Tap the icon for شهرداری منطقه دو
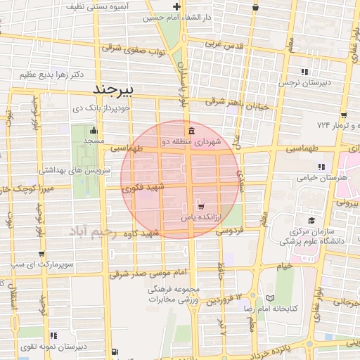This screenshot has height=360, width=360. coord(191,131)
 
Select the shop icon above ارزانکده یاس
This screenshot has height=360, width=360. coord(201,207)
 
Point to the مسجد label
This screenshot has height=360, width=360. coord(94,142)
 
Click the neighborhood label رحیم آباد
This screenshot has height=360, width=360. coord(96,231)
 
